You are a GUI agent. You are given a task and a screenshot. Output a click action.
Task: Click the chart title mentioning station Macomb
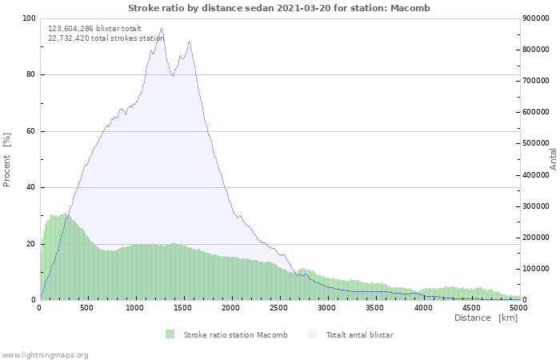coord(279,8)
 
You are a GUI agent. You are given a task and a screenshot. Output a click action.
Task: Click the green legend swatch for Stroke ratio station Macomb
coord(170,334)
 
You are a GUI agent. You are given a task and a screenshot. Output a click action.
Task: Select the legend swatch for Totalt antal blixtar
coord(312,334)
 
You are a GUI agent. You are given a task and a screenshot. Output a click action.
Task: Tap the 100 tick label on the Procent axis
coord(28,18)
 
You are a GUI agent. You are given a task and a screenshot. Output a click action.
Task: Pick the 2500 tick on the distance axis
coord(279,307)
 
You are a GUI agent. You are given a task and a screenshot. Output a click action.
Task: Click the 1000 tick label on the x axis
coord(135,307)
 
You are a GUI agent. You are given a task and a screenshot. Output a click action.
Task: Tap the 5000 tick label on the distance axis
coord(518,307)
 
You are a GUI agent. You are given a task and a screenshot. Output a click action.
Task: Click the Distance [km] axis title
coord(486,318)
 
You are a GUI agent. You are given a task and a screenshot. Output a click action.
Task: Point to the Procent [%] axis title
coord(7,159)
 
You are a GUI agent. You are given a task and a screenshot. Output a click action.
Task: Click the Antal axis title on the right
coord(553,158)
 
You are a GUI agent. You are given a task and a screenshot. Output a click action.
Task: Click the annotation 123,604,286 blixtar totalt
coord(94,28)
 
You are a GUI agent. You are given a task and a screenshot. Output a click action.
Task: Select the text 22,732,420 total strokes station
coord(106,38)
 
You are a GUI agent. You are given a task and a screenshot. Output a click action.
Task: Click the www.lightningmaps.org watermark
coord(45,354)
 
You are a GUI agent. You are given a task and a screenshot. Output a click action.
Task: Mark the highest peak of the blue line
coord(162,29)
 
